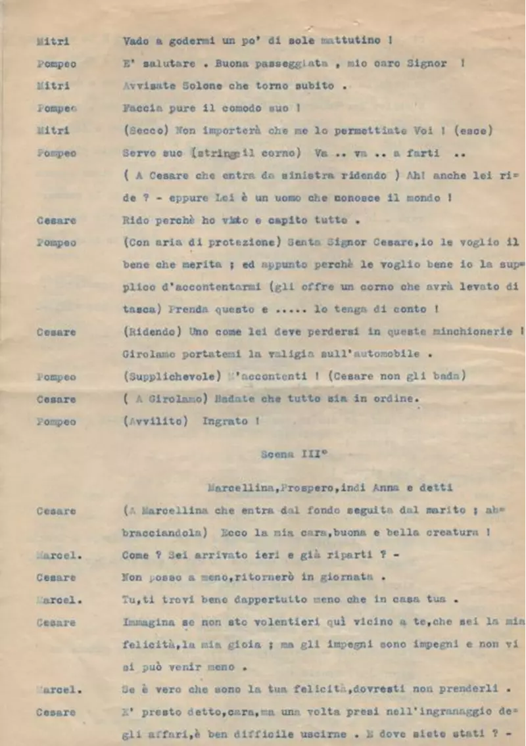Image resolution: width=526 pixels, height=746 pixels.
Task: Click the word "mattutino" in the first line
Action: coord(351,41)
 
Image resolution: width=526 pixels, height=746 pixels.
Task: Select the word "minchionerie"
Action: coord(468,332)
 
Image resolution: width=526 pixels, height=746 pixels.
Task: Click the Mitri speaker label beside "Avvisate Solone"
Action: coord(53,86)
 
